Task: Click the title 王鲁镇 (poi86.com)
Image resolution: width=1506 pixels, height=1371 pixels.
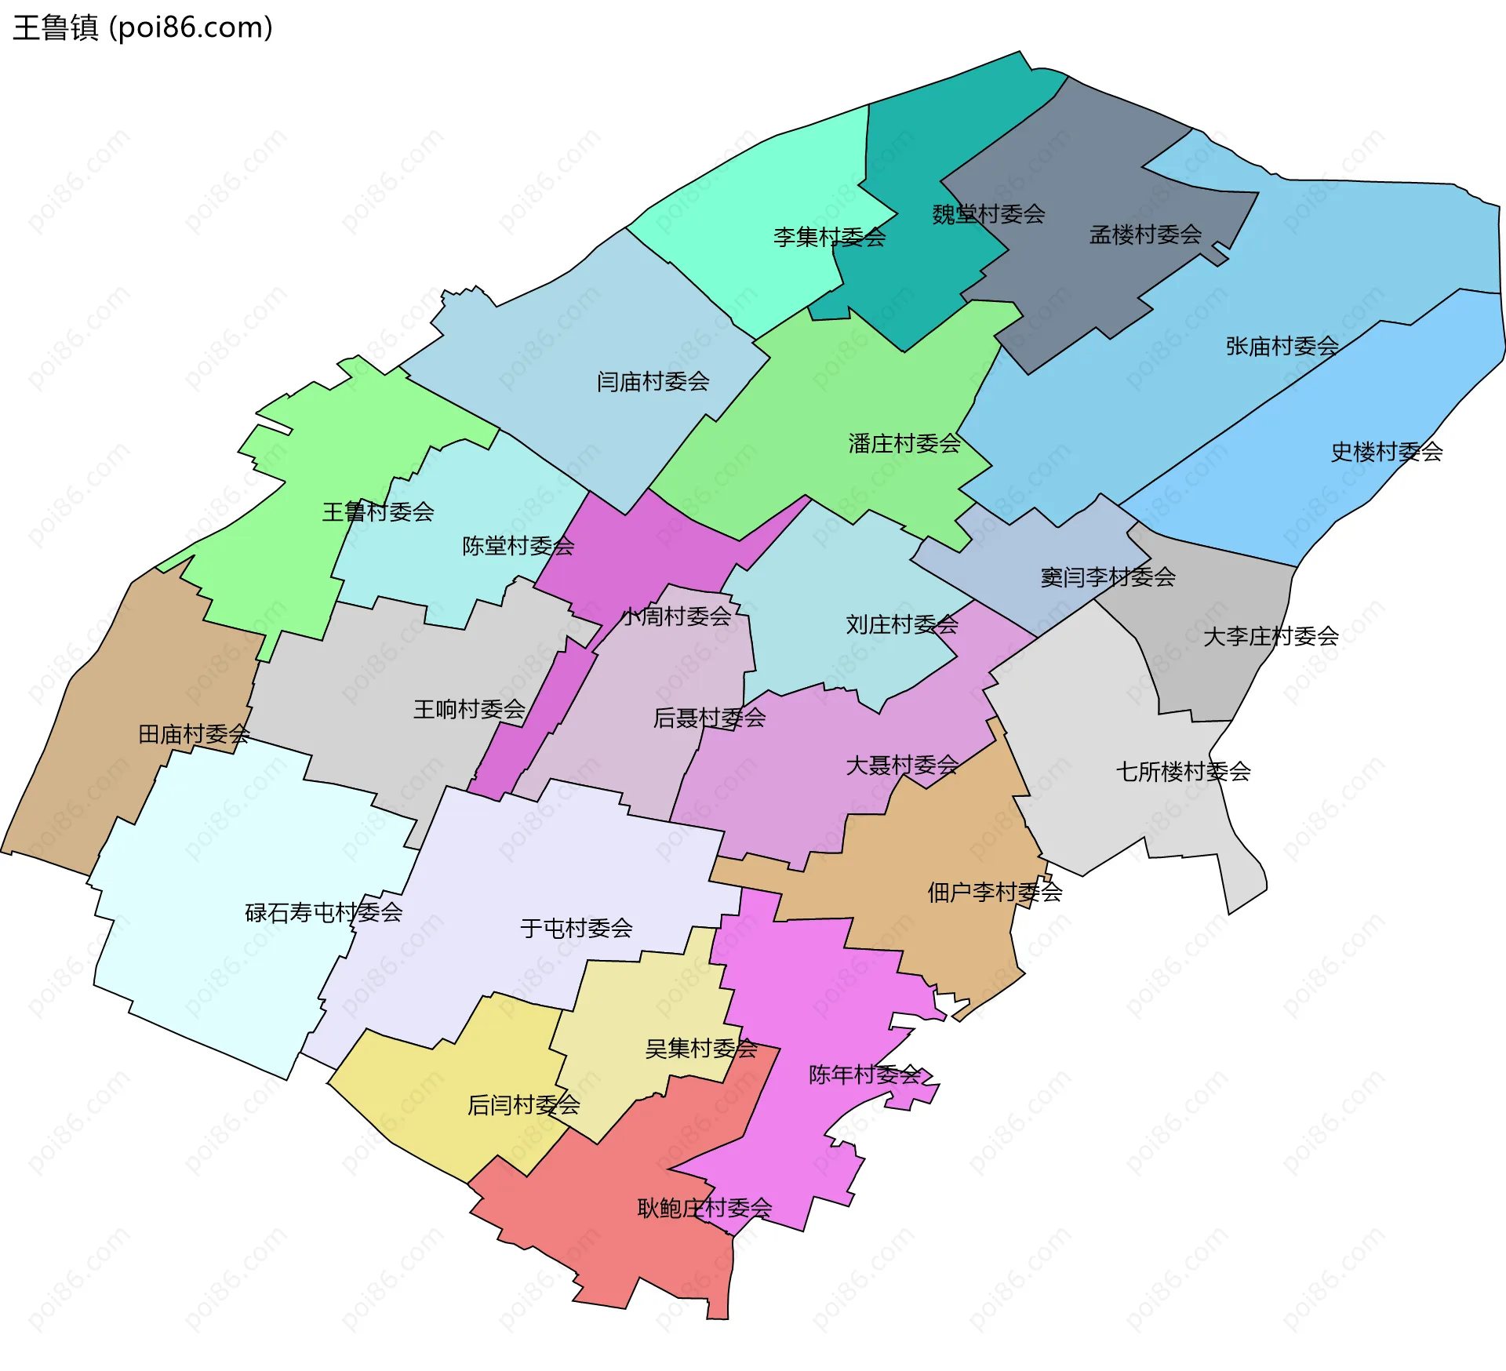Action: [x=143, y=28]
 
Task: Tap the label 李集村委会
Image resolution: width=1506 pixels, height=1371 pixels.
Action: [x=829, y=237]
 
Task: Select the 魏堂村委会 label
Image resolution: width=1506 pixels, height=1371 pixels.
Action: [x=988, y=214]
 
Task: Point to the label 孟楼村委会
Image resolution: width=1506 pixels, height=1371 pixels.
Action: [x=1145, y=235]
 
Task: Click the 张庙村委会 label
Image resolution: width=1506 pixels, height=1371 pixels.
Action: [x=1282, y=346]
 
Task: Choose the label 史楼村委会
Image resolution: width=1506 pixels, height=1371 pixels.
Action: [x=1386, y=452]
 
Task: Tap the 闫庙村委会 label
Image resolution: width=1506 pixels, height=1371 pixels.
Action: [x=653, y=382]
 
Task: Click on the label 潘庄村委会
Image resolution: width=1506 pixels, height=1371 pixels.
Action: [x=904, y=444]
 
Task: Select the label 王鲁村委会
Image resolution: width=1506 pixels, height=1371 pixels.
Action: [x=377, y=512]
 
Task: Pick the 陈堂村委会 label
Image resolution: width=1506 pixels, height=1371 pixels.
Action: [x=518, y=546]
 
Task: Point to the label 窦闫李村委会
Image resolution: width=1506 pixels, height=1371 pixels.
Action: [x=1107, y=577]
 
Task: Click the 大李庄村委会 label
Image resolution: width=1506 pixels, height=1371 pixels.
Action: [x=1270, y=636]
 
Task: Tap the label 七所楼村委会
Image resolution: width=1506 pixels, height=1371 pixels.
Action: [x=1182, y=772]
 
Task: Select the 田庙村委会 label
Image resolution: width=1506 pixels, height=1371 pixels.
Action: [x=194, y=734]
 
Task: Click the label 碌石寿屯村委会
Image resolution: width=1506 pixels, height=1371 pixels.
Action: [x=323, y=913]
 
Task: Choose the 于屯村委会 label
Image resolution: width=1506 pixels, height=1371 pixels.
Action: [x=576, y=929]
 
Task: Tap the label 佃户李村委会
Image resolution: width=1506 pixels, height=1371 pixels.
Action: [x=994, y=892]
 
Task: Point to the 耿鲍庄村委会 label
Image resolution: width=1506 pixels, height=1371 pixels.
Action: [x=704, y=1208]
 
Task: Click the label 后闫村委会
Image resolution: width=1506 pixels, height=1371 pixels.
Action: [x=523, y=1105]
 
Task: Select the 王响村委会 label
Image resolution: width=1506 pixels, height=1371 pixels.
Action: [x=469, y=710]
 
